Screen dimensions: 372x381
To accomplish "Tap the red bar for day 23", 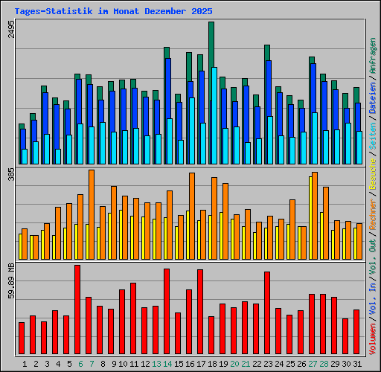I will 266,313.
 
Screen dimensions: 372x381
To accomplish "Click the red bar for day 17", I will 200,312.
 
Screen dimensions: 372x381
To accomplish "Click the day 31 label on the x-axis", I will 357,364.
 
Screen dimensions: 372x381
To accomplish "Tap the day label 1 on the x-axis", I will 25,364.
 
